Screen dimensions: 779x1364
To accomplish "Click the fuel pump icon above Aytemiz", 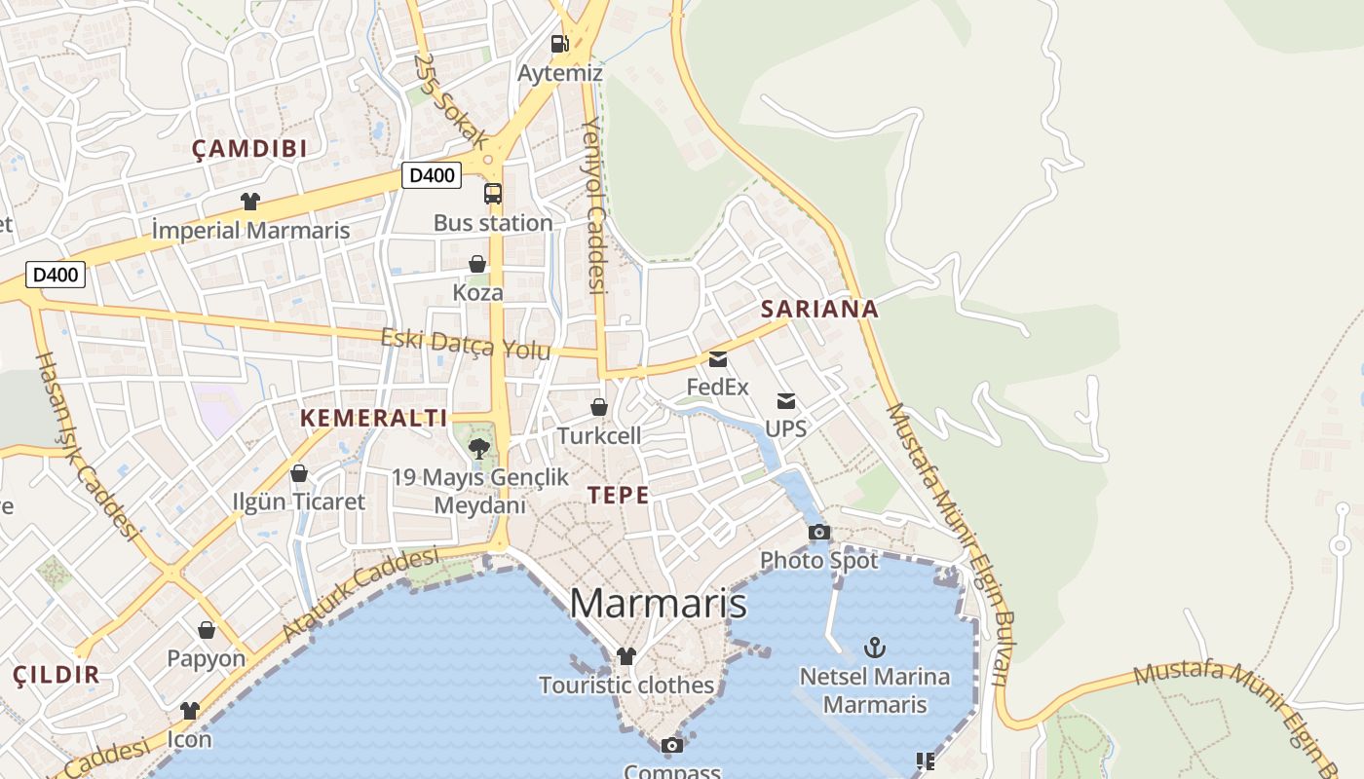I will coord(559,44).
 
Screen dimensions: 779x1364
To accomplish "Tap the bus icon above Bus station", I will coord(493,193).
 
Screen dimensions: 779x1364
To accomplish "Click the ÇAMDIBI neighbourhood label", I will coord(249,149).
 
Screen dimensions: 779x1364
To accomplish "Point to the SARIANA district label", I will coord(819,310).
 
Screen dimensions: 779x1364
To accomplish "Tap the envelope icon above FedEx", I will coord(718,359).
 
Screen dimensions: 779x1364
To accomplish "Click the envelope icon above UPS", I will coord(786,401).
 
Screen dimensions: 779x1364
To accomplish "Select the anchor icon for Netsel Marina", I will coord(875,648).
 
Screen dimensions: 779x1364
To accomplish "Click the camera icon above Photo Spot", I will coord(819,532).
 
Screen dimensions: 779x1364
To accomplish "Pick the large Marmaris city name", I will coord(658,604).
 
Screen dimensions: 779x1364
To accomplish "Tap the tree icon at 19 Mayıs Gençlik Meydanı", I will coord(478,449).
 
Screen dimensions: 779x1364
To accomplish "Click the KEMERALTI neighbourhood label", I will coord(374,419).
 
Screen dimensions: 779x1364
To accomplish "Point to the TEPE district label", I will coord(618,495).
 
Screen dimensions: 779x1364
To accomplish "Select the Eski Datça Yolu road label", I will coord(466,344).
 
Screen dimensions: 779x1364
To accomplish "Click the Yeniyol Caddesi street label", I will coord(594,204).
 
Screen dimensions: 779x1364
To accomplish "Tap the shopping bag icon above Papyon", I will coord(207,630).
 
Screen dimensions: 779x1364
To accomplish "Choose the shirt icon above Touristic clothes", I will coord(626,656).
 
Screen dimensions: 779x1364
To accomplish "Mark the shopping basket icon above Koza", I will coord(477,264).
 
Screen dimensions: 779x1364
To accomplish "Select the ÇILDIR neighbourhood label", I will coord(57,675).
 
